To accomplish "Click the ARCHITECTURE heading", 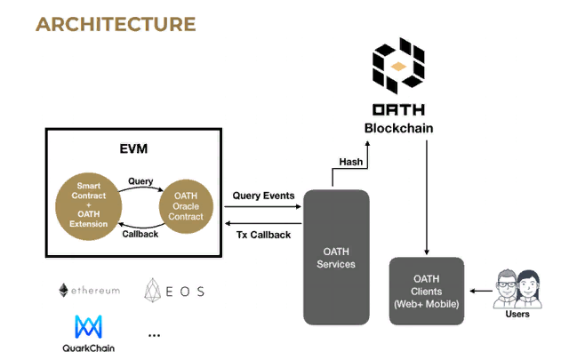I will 116,23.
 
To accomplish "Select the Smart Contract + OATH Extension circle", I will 87,203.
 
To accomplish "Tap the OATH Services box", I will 336,256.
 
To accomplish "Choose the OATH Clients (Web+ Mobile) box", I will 427,291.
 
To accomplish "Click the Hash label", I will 351,161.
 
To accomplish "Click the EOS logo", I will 174,291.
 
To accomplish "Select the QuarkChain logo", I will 89,334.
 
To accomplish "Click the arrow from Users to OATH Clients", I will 480,291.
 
